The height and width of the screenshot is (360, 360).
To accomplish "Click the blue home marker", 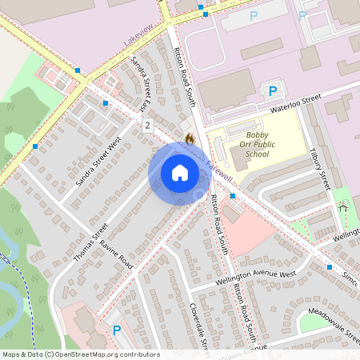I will click(x=179, y=172).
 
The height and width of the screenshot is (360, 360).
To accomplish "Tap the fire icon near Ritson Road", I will click(x=190, y=138).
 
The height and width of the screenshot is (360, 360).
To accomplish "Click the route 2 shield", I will click(x=148, y=125).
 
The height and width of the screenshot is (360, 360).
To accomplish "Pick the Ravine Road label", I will click(x=114, y=251).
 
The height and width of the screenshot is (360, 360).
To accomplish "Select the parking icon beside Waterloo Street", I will click(x=272, y=91).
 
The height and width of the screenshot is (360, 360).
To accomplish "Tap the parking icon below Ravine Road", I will click(x=117, y=330).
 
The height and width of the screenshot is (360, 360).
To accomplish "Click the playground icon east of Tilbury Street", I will click(x=343, y=206).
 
